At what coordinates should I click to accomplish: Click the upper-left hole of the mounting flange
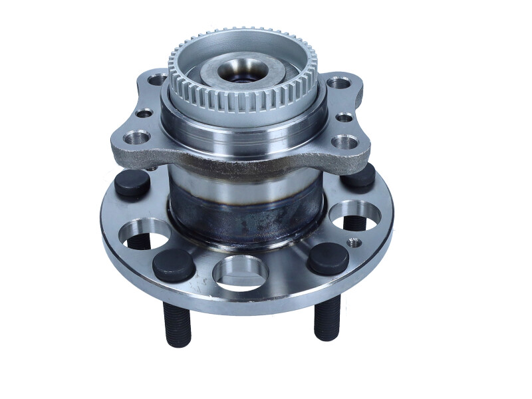point(158,80)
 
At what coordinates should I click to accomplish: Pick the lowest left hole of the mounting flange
point(136,137)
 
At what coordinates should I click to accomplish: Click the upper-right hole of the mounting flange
point(338,82)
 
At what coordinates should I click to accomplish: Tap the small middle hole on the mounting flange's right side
point(344,118)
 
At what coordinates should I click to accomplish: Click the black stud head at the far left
point(132,183)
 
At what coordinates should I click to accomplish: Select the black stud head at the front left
point(174,265)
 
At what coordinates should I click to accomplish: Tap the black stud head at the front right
point(328,258)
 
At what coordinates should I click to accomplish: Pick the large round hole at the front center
point(240,273)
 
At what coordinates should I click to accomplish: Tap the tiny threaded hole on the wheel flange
point(354,243)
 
